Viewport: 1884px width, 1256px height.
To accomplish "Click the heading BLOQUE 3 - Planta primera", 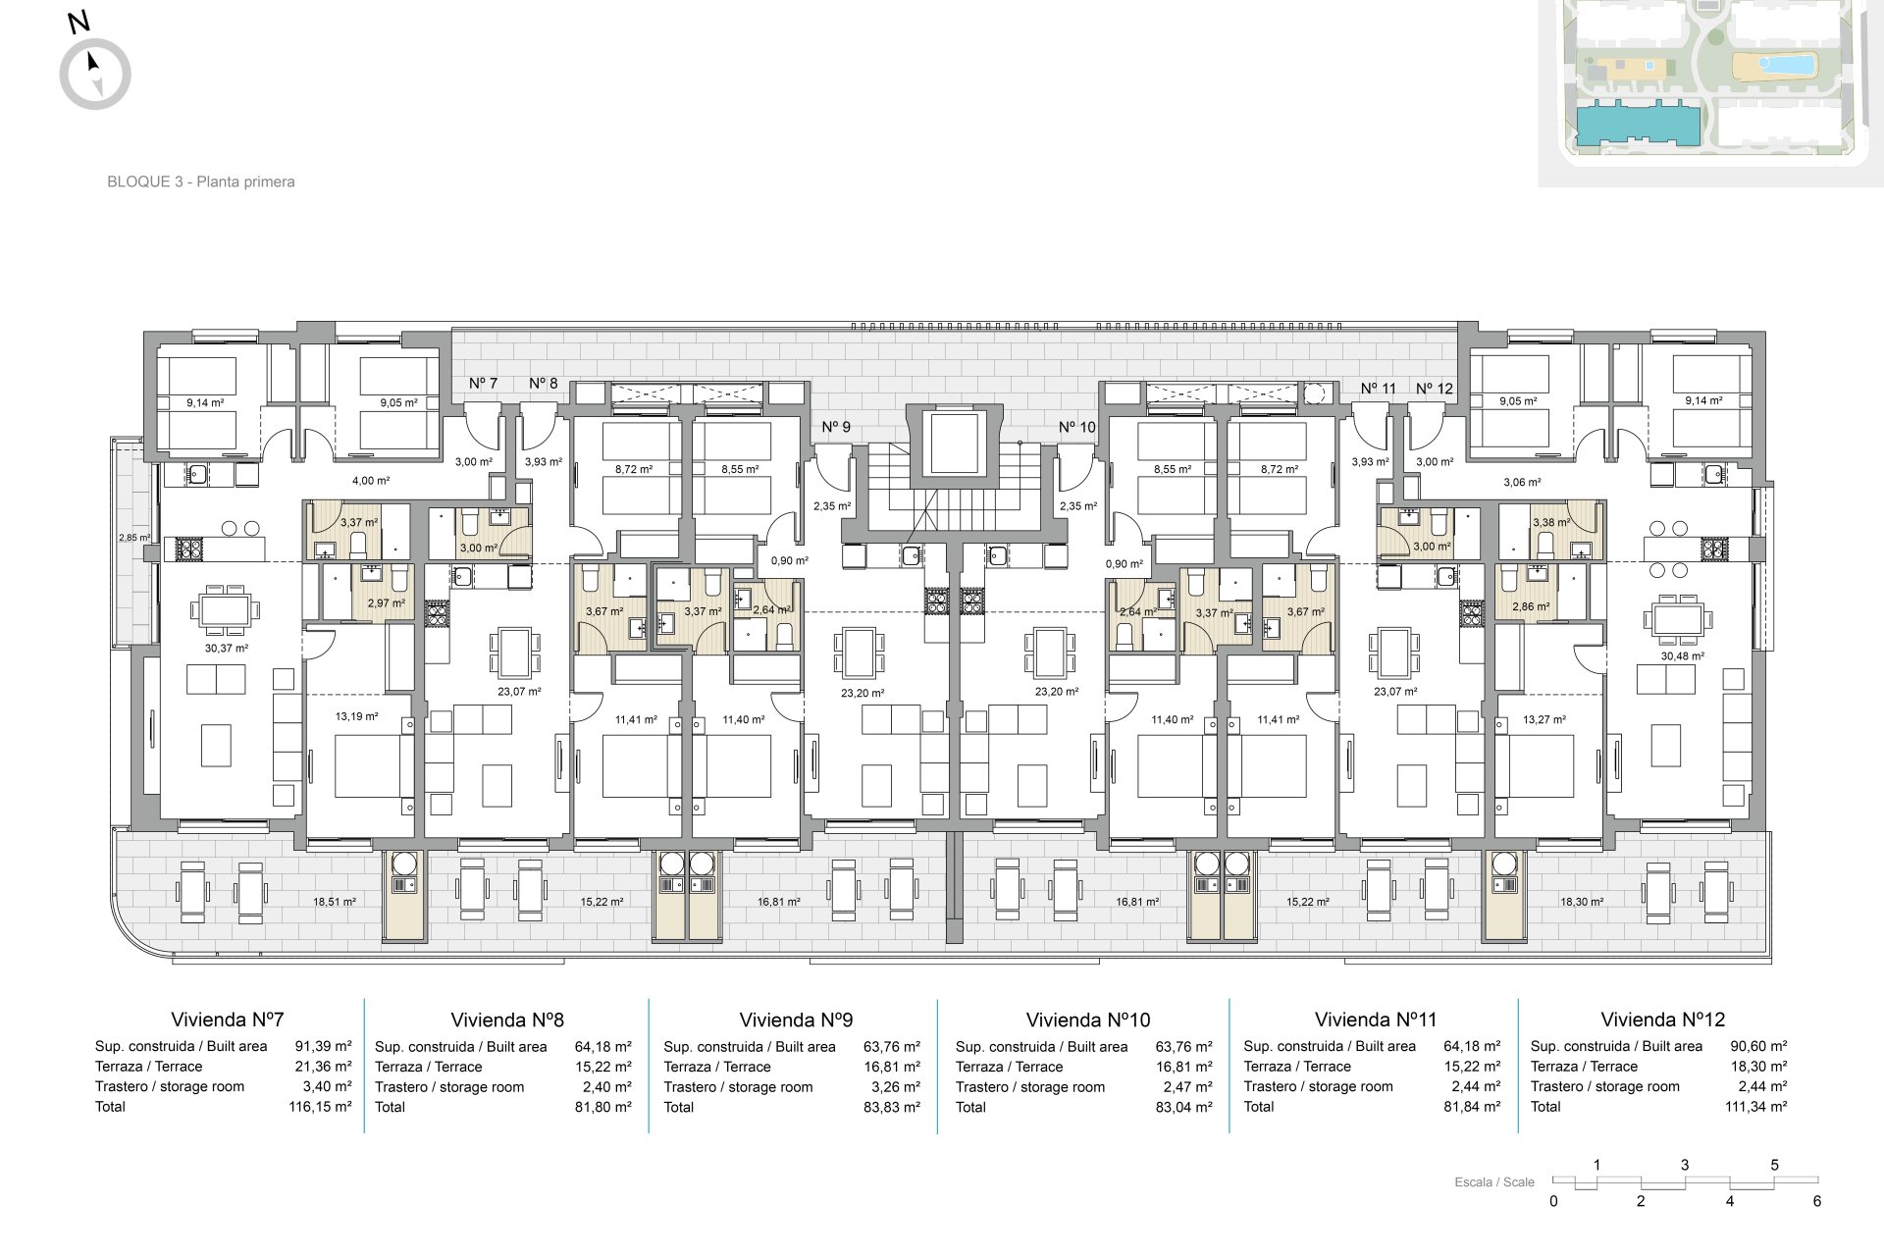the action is [201, 182].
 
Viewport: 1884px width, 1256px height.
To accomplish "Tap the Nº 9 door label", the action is [836, 427].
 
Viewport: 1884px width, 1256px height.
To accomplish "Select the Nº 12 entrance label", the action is [1435, 388].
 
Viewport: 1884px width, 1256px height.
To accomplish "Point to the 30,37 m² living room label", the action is [227, 648].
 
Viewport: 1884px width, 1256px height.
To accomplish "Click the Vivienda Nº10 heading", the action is [1087, 1020].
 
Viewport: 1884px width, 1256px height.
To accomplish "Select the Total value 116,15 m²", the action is [323, 1106].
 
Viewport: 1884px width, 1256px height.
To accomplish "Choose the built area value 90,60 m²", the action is [1758, 1046].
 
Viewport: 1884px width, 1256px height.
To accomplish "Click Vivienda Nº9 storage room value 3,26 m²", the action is [895, 1086].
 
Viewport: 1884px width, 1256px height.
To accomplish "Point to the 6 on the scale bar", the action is [1817, 1201].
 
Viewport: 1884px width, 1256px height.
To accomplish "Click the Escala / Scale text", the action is [1494, 1182].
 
